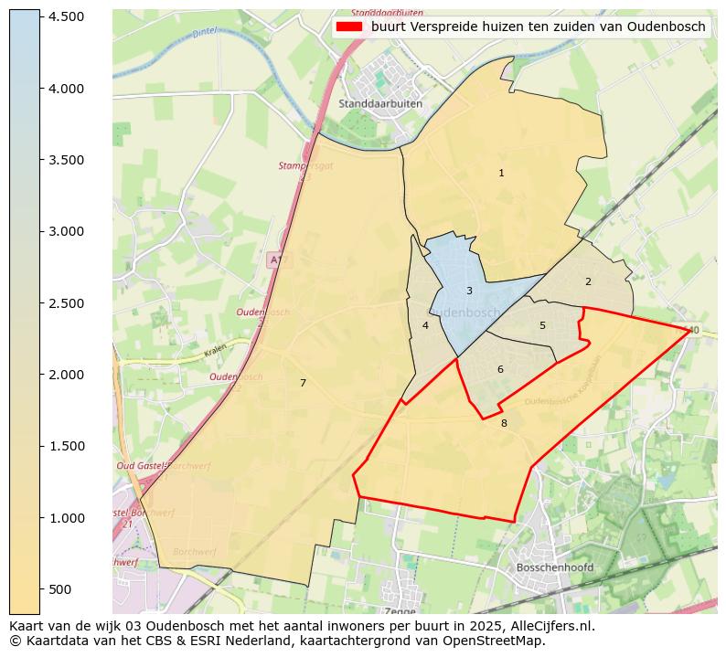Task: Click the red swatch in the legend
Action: coord(350,27)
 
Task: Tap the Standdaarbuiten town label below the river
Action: coord(380,104)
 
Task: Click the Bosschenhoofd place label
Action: coord(554,567)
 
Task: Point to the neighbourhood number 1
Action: coord(501,173)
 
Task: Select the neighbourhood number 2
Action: coord(588,281)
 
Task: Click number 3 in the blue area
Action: coord(469,291)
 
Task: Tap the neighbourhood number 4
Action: coord(425,325)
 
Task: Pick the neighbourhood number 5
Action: coord(542,325)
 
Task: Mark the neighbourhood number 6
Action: coord(500,369)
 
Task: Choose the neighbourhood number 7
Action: coord(303,383)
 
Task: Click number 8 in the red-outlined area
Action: coord(504,423)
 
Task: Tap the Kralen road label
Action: coord(215,350)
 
